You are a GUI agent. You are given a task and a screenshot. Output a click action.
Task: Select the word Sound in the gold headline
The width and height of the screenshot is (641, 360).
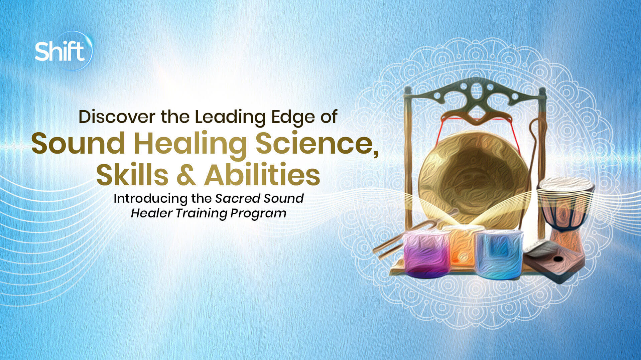coord(78,144)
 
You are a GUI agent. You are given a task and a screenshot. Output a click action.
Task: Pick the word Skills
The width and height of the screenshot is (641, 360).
coord(132,175)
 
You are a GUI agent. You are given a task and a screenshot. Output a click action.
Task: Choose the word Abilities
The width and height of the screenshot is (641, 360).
coord(262,175)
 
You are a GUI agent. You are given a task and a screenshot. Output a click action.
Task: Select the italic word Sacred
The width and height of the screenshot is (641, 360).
coord(237,198)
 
